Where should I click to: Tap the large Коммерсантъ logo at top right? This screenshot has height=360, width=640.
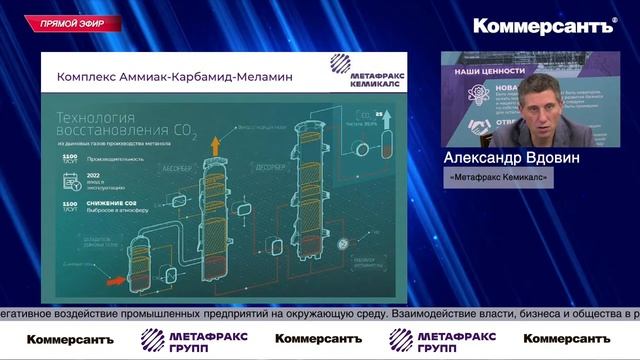coord(544,26)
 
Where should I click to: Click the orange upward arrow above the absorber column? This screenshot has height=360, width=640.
coord(214,145)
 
